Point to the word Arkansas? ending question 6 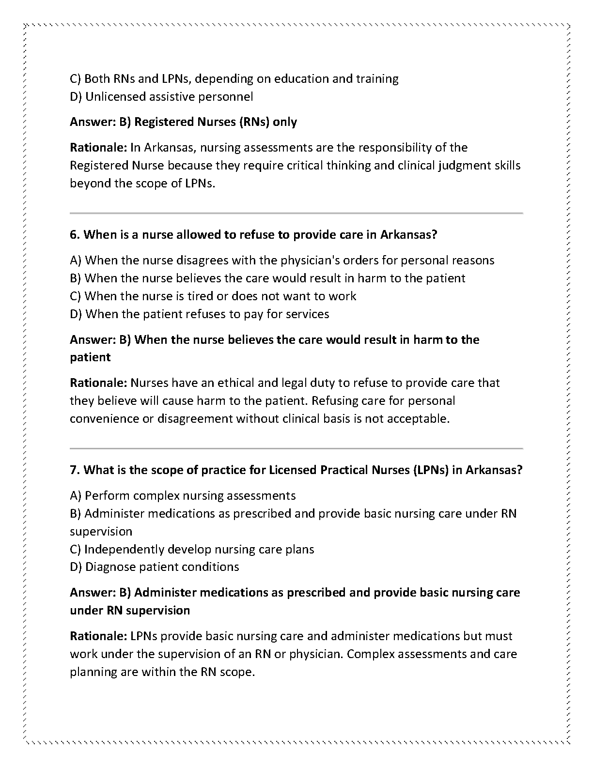click(x=409, y=235)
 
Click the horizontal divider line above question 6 click(x=296, y=213)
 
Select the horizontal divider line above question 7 click(x=296, y=448)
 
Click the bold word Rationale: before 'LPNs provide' click(x=98, y=636)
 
